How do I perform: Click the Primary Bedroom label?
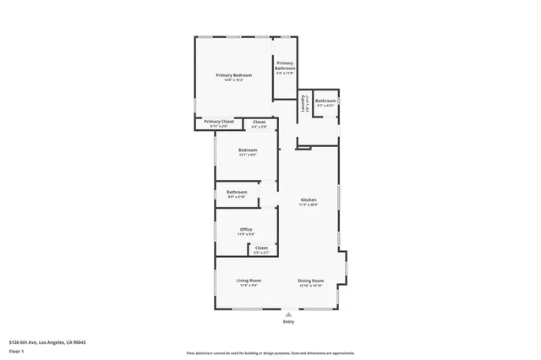click(234, 75)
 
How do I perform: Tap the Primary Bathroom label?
click(285, 65)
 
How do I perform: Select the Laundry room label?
click(303, 102)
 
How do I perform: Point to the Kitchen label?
click(309, 199)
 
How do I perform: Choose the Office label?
click(246, 229)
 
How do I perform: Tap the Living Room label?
click(249, 280)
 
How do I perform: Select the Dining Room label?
click(310, 280)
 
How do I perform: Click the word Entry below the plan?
click(288, 321)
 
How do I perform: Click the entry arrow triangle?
click(288, 313)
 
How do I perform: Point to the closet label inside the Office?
click(261, 248)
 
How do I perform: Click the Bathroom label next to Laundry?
click(325, 101)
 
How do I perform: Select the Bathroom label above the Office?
click(237, 192)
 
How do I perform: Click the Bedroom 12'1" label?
click(247, 150)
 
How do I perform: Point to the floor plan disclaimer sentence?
click(270, 352)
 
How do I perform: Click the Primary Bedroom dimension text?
click(234, 80)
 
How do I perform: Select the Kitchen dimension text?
click(309, 205)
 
